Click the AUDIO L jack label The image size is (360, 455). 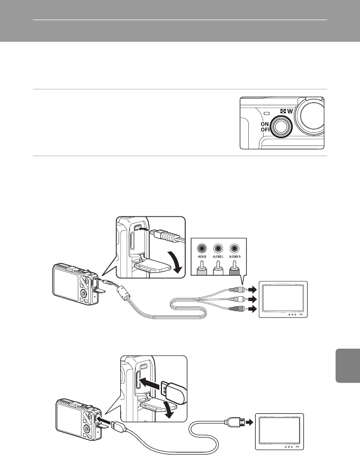coord(217,261)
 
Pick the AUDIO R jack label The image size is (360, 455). coord(235,261)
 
